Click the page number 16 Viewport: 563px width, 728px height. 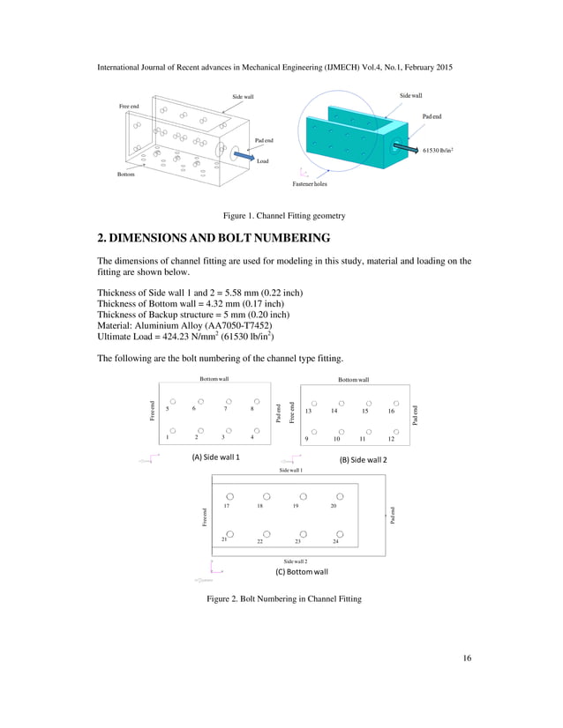pos(466,657)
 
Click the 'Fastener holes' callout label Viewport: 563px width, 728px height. pos(309,183)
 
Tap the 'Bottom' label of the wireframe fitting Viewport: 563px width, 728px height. pos(127,175)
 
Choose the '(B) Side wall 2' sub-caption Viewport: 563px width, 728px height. pos(364,460)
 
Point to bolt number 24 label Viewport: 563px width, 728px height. pos(335,541)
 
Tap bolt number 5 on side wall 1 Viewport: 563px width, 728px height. pos(168,409)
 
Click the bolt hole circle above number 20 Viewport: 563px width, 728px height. pos(340,496)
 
